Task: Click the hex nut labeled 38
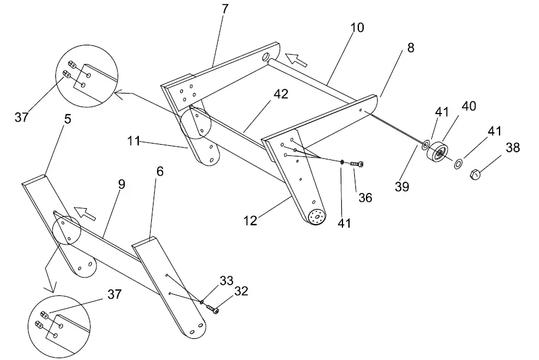tap(476, 174)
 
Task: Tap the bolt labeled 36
tap(357, 164)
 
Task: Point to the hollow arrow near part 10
tap(296, 59)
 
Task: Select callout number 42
tap(281, 94)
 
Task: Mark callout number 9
tap(121, 184)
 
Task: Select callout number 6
tap(160, 171)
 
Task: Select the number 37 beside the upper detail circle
tap(21, 117)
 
